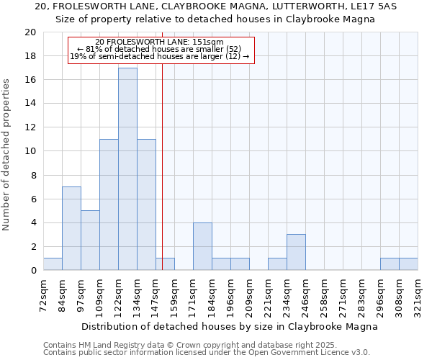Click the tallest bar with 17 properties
[127, 169]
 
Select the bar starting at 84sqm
[71, 228]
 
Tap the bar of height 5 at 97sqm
[90, 240]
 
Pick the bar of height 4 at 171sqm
[202, 246]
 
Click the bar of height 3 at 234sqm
[296, 252]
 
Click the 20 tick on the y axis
[30, 32]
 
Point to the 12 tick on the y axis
[30, 127]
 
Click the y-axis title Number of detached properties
[6, 155]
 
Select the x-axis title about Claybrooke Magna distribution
[230, 326]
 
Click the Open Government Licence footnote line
[207, 353]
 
